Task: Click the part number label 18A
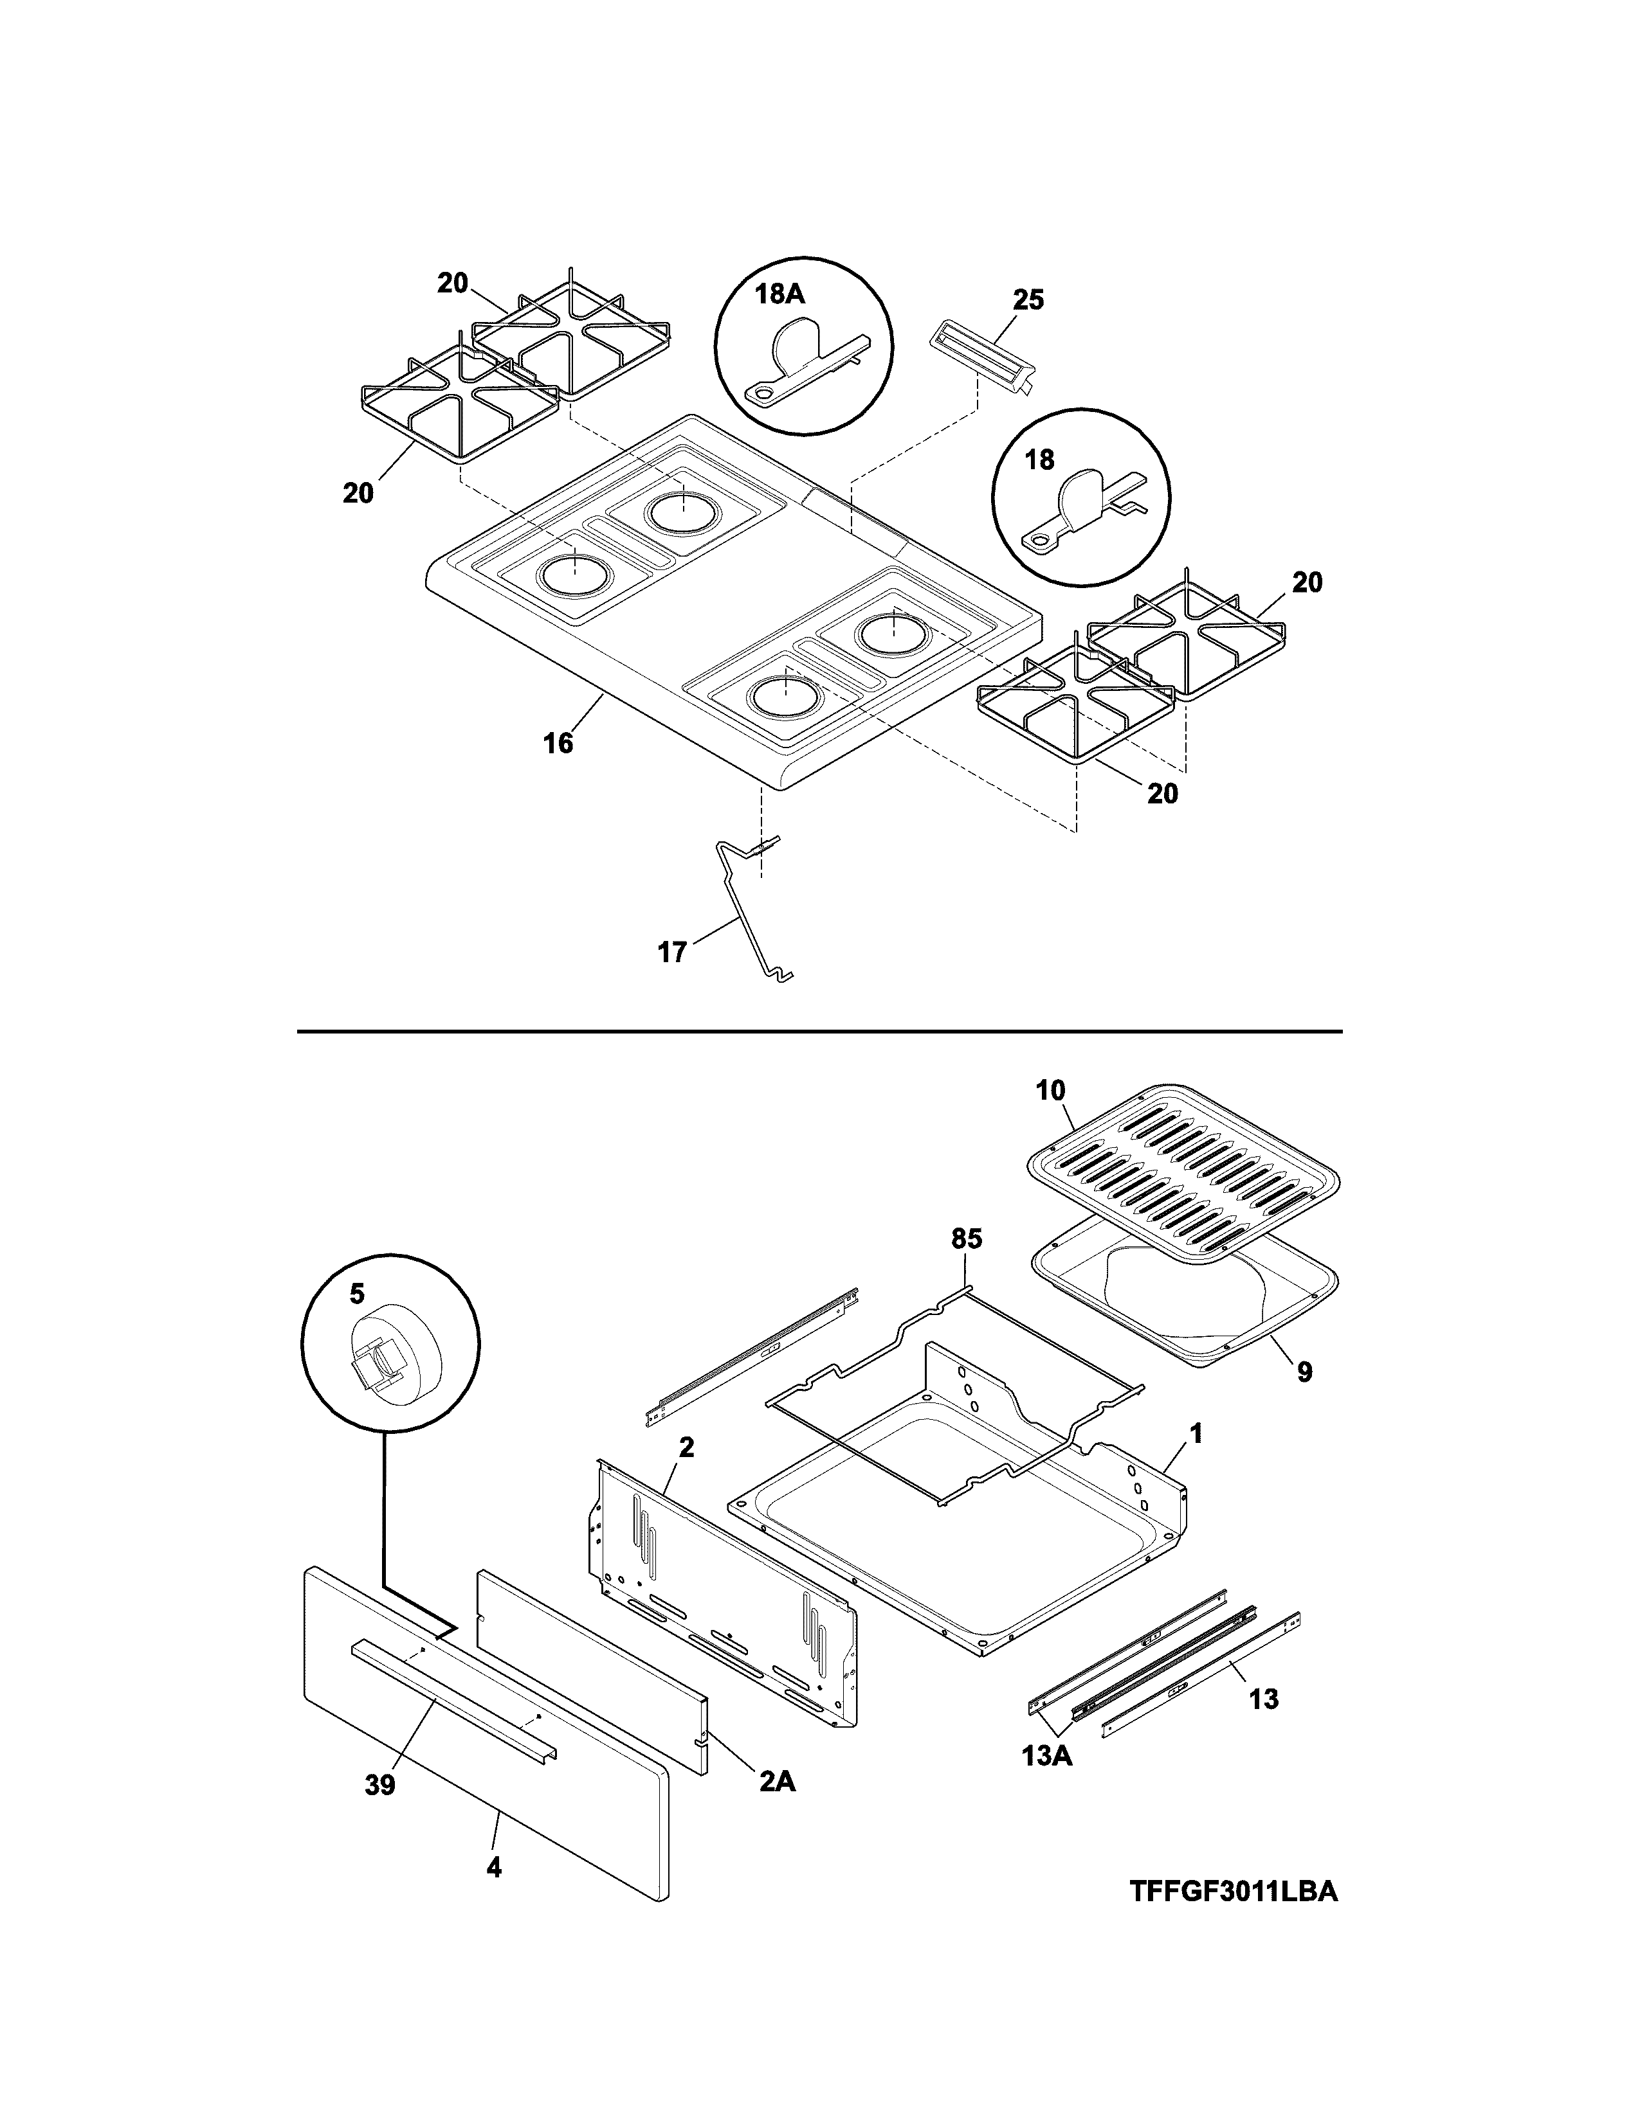780,295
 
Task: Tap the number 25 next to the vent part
1028,300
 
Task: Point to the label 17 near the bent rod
672,952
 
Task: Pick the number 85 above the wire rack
967,1239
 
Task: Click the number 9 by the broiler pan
1304,1372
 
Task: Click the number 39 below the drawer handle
380,1785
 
